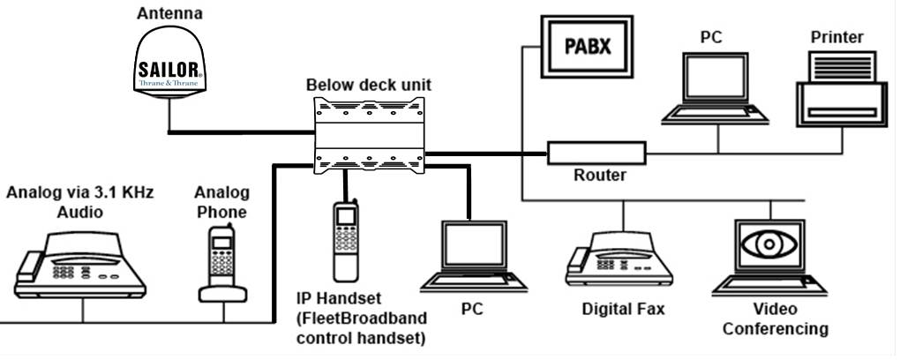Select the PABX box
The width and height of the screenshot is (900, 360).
coord(589,45)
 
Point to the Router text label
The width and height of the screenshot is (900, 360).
coord(599,176)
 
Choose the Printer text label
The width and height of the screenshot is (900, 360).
coord(836,36)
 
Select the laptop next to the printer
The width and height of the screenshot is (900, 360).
coord(716,86)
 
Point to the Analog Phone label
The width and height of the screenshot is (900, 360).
coord(221,202)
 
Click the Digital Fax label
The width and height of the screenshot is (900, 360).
coord(623,310)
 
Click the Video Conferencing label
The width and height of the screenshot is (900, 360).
coord(775,319)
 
